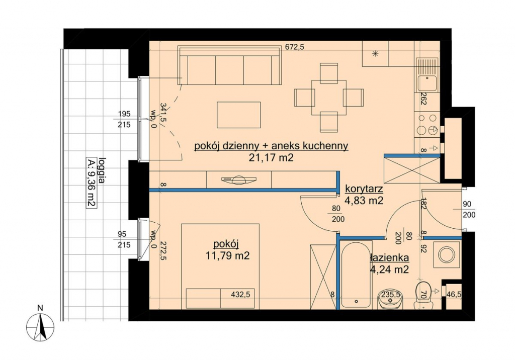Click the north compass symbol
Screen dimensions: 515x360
click(x=40, y=327)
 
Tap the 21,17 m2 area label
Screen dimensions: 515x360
click(x=271, y=158)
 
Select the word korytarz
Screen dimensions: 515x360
click(x=364, y=189)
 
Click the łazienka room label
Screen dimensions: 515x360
click(x=390, y=258)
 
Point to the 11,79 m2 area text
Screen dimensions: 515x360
click(x=227, y=255)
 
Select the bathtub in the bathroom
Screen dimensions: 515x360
click(x=357, y=275)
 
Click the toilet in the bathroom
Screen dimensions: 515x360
click(x=423, y=295)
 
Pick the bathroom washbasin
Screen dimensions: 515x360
click(x=390, y=299)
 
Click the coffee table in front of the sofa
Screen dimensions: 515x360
click(x=239, y=115)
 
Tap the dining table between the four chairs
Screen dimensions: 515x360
click(x=329, y=98)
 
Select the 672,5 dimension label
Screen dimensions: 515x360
click(x=294, y=47)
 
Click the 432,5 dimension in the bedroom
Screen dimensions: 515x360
click(x=240, y=295)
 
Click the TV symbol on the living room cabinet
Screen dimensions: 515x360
click(x=239, y=180)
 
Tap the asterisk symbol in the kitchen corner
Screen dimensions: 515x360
click(x=375, y=54)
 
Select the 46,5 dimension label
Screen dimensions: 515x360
click(x=454, y=295)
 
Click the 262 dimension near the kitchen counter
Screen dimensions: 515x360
click(x=423, y=99)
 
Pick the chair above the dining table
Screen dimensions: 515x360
click(x=329, y=72)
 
